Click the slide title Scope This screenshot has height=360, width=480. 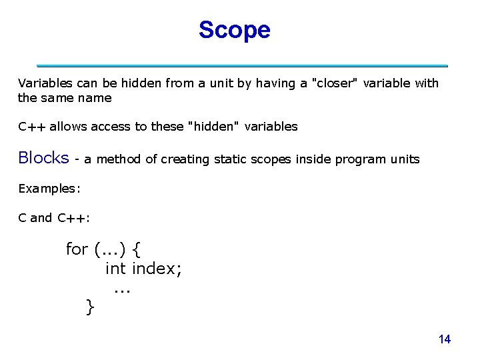tap(234, 30)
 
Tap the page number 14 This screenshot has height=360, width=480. tap(445, 339)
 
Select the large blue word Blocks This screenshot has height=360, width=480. tap(43, 158)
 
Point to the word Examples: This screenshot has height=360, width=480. tap(49, 189)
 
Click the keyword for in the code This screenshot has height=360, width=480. tap(77, 249)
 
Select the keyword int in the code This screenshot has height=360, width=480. tap(116, 269)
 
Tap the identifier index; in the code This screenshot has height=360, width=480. tap(157, 269)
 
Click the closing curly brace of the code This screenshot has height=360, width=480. tap(90, 307)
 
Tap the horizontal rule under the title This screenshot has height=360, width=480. tap(242, 66)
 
